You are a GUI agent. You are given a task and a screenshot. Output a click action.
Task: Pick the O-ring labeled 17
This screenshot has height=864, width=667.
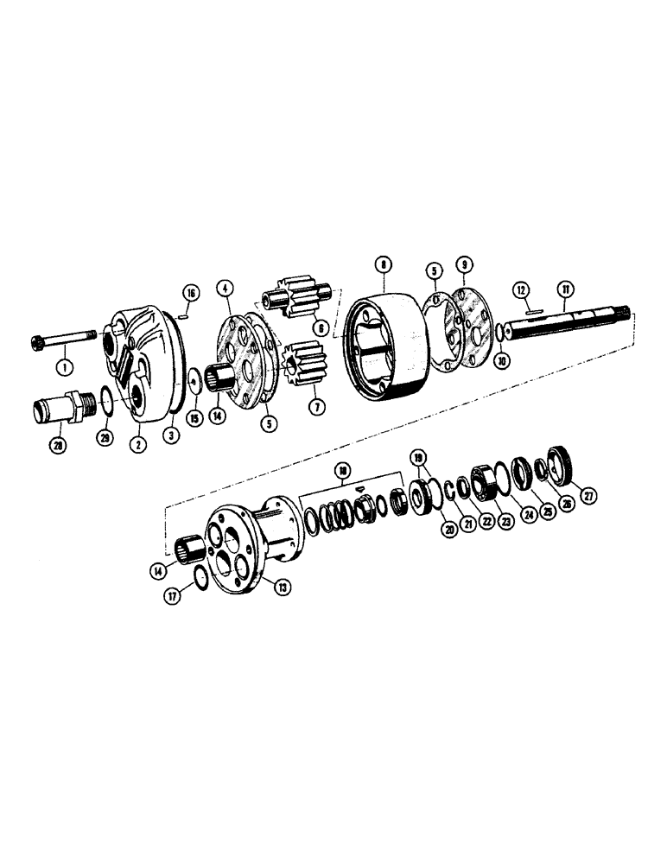point(197,577)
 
